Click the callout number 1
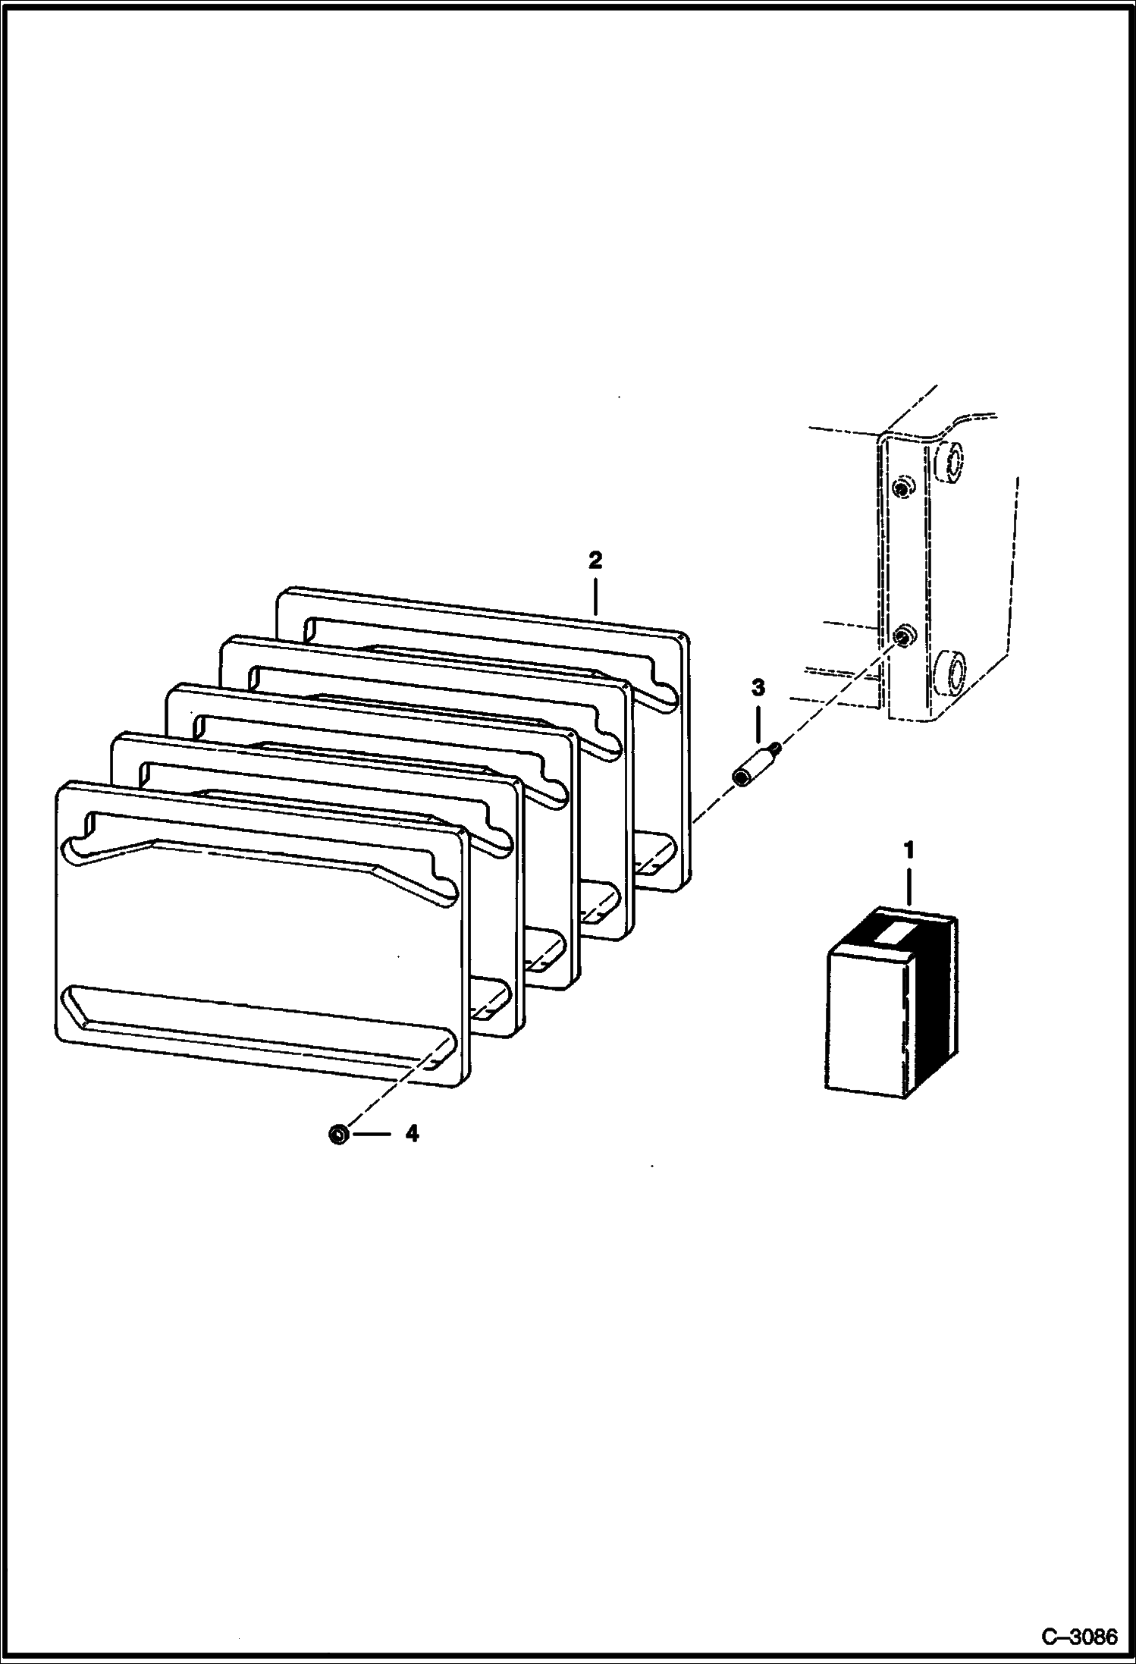click(908, 849)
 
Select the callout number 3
click(758, 689)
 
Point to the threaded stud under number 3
click(753, 767)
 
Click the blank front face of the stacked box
click(865, 1024)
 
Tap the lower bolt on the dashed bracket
click(902, 636)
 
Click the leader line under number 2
click(595, 595)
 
